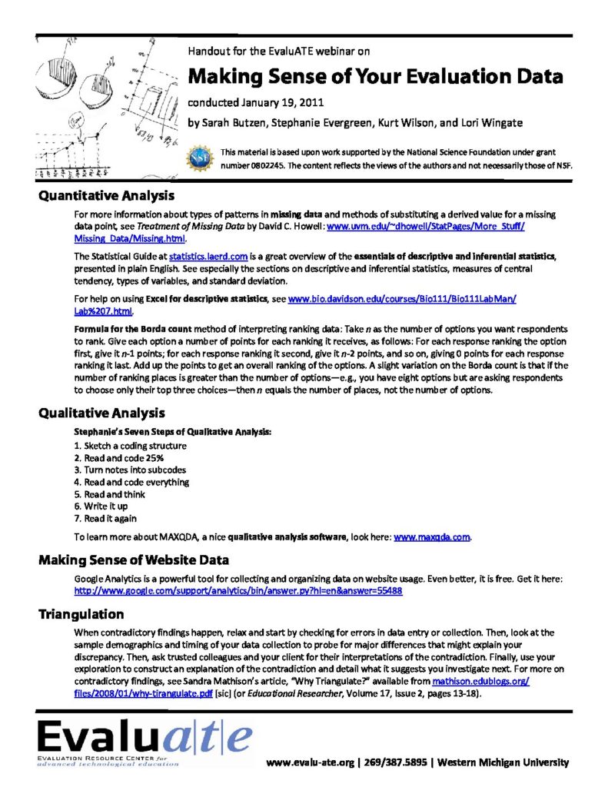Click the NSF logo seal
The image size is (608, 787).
(201, 158)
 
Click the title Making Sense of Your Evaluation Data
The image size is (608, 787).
(376, 77)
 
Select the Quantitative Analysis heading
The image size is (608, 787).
(107, 196)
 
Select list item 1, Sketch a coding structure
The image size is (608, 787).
(130, 446)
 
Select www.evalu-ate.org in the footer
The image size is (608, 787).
(311, 763)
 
